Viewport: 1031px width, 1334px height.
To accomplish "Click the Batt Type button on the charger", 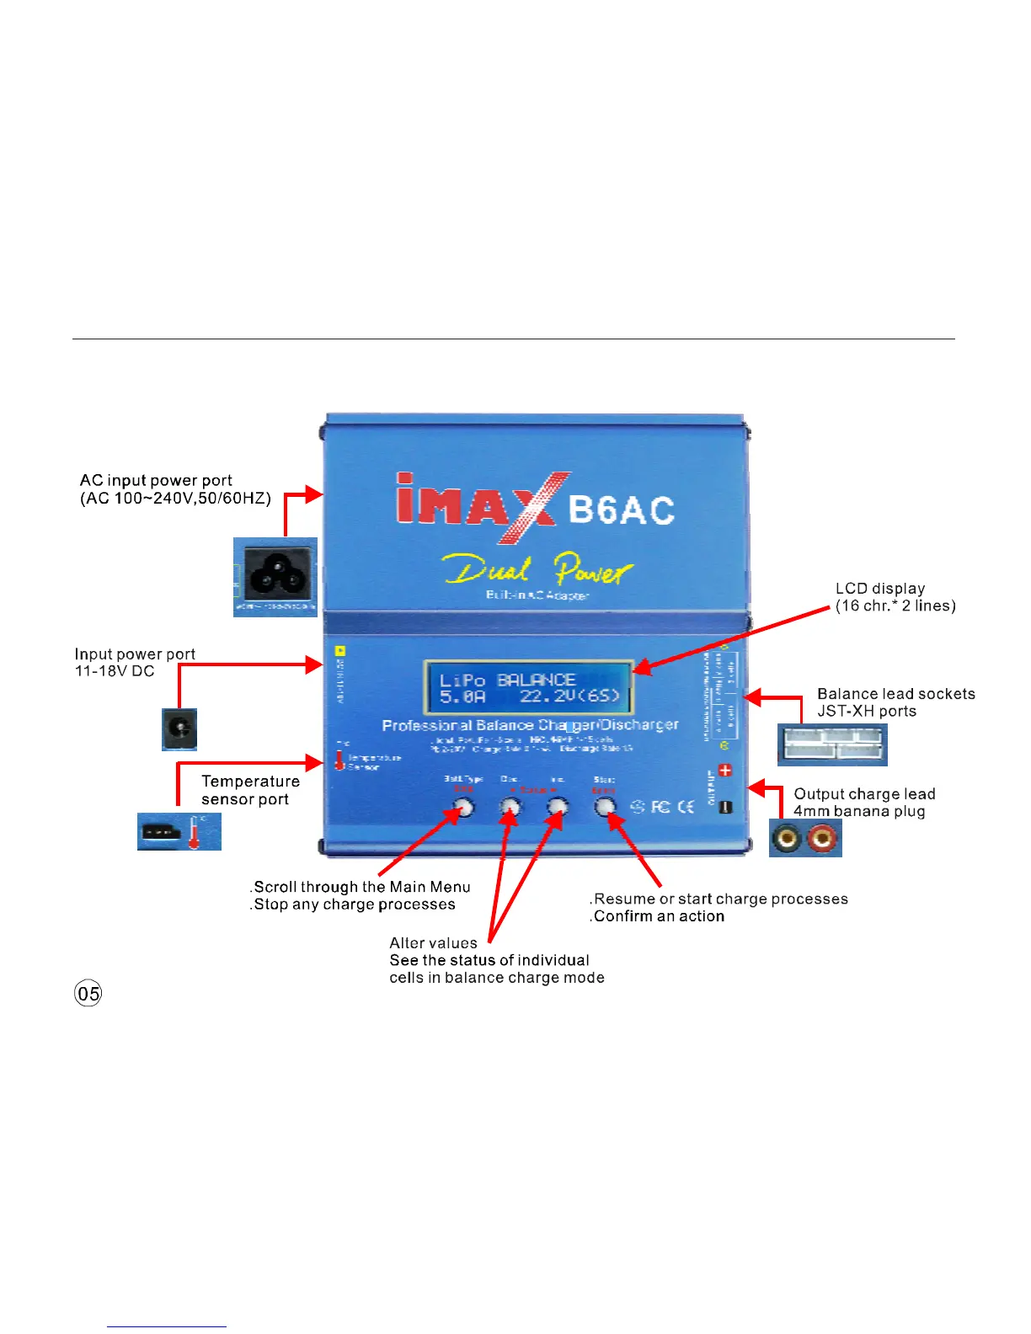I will (463, 808).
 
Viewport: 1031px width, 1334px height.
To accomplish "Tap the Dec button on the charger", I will (510, 808).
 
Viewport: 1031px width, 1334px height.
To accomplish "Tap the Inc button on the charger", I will (558, 808).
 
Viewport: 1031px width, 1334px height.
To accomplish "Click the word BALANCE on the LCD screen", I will (536, 680).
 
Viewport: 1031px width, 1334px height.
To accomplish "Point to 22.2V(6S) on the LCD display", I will (570, 696).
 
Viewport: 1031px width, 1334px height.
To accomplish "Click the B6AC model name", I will (622, 510).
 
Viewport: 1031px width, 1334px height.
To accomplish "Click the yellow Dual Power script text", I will (537, 570).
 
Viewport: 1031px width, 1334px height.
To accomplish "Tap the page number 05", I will (88, 994).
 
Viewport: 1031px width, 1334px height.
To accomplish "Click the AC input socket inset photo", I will (275, 577).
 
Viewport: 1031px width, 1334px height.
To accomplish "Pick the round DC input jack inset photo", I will (179, 729).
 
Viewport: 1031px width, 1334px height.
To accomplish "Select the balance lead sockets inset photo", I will (832, 744).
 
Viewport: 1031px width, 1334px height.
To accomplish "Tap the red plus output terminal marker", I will (725, 771).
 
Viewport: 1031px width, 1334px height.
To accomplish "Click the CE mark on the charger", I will (686, 807).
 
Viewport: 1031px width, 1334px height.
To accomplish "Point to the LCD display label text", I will (895, 597).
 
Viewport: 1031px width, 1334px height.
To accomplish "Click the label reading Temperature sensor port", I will (250, 790).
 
